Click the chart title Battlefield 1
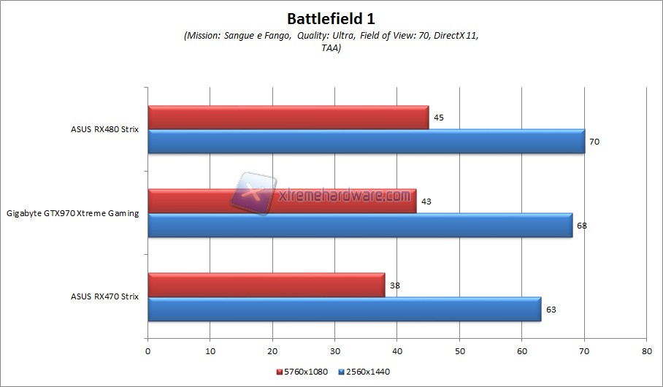point(331,18)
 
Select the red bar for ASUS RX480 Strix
point(288,117)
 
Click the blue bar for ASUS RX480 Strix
point(366,141)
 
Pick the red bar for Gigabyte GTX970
point(282,201)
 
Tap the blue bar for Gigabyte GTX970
point(360,225)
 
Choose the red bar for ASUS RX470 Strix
point(267,285)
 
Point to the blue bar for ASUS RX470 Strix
point(345,309)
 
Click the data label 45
point(438,117)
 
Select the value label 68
point(581,225)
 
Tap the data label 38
point(394,285)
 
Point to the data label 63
point(551,309)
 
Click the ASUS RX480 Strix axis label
point(104,129)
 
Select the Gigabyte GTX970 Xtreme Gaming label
point(73,213)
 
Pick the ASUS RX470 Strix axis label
point(104,297)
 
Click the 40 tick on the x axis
point(397,352)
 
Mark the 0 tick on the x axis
point(148,352)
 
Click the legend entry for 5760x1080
point(301,372)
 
